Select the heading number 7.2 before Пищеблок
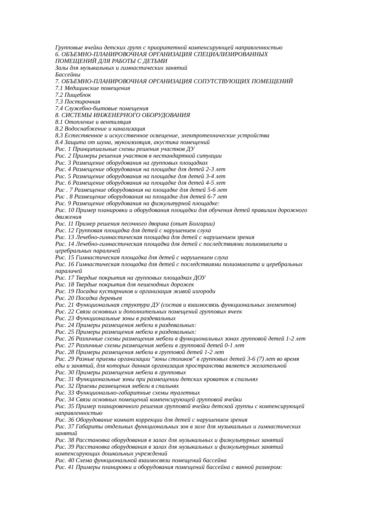59,95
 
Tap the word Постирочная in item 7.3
82,102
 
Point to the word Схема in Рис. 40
84,460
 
